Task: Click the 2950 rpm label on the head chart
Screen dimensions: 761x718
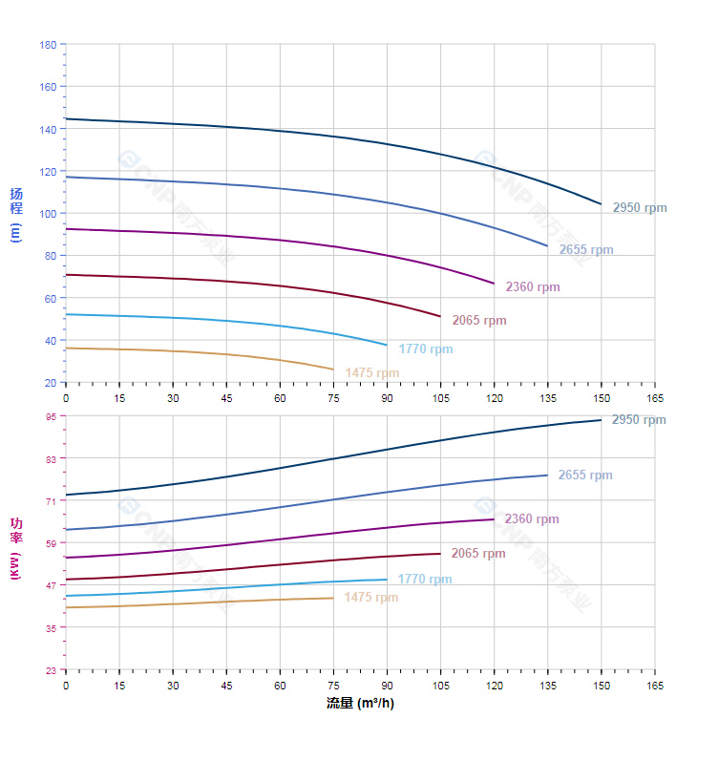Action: point(640,208)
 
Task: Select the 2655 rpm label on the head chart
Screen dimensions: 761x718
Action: point(586,250)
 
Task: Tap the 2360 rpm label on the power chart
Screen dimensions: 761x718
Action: point(532,519)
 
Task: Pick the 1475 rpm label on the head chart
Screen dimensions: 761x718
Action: point(372,373)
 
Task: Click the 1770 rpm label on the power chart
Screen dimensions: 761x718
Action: point(425,580)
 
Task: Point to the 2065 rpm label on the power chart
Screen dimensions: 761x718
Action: point(478,554)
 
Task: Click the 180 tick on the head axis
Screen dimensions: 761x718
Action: point(48,45)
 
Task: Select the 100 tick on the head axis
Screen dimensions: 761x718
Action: point(48,214)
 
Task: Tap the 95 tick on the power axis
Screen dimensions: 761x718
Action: point(51,416)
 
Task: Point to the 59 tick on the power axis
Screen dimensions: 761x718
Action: point(51,543)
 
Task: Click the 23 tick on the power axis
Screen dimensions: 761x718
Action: point(51,670)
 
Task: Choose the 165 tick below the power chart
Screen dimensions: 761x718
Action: point(655,686)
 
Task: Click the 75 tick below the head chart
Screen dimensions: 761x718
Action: point(333,396)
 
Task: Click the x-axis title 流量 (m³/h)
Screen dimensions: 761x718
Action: point(360,704)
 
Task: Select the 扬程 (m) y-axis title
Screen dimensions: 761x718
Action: point(15,214)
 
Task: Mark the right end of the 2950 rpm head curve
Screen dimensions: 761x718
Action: point(602,204)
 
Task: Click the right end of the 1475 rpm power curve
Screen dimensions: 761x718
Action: point(333,598)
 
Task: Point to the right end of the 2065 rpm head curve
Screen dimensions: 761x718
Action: point(440,316)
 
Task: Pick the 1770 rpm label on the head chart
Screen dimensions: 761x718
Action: point(426,349)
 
